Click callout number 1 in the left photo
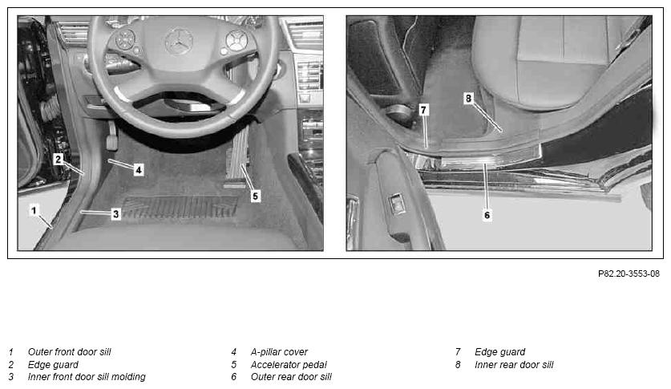pos(34,210)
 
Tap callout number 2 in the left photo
pos(59,160)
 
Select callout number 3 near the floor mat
pos(115,213)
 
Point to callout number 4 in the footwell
pos(138,170)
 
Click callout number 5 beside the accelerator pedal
pos(256,196)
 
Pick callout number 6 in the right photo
pos(487,215)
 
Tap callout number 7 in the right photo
pos(423,110)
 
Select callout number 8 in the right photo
pos(468,99)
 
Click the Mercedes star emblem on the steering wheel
pos(179,42)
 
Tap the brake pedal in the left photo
pos(111,136)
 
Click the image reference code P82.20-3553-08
pos(629,274)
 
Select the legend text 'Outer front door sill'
pos(69,352)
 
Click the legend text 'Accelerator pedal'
pos(289,365)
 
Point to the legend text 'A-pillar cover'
pos(279,352)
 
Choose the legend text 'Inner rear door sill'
pos(514,365)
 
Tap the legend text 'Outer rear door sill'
pos(291,377)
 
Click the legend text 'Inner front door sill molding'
pos(87,377)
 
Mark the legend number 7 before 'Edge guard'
pos(458,352)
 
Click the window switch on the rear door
pos(397,205)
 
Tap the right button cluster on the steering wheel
pos(236,42)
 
